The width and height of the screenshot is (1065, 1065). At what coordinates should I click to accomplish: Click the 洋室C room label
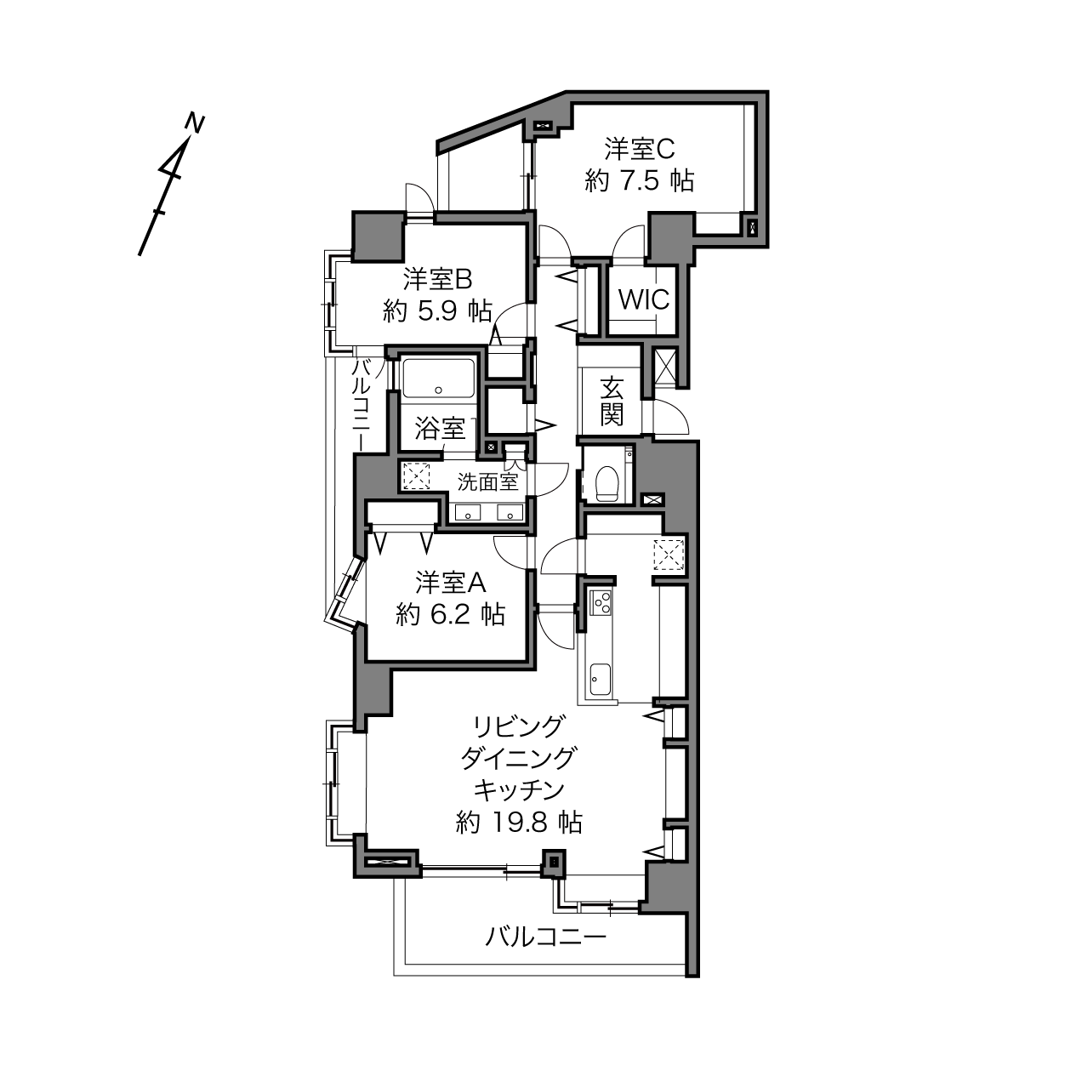640,149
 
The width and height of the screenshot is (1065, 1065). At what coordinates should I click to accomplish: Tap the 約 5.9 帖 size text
438,311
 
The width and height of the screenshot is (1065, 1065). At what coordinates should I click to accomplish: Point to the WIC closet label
644,300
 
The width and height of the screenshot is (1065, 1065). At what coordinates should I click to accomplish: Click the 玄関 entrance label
612,401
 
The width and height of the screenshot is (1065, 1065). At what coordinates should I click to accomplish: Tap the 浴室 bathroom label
440,429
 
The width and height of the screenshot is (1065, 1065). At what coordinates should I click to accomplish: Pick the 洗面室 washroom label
487,482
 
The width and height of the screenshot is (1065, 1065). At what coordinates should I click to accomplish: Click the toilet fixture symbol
607,484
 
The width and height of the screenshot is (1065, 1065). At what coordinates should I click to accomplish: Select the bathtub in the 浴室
438,378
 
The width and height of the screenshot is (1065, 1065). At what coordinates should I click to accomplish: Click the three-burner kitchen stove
601,602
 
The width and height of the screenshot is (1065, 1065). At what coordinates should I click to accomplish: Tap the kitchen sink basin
601,679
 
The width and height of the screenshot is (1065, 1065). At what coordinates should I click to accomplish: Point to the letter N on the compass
195,122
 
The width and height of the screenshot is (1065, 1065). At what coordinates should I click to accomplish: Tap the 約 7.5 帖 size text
640,180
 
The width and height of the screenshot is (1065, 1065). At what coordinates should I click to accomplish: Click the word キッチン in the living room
519,789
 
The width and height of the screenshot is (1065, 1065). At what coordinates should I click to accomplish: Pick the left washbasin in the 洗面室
468,513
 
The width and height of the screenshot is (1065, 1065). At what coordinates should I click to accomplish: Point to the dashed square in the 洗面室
417,476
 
